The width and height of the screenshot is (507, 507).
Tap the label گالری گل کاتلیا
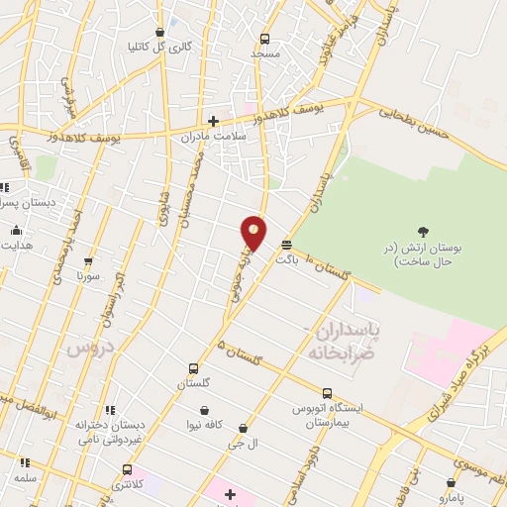(x=158, y=47)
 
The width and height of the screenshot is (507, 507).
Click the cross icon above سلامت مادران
(x=213, y=121)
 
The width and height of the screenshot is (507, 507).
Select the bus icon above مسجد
(x=264, y=39)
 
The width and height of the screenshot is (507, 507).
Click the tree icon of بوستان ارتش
(x=424, y=231)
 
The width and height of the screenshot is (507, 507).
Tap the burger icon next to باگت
(x=286, y=244)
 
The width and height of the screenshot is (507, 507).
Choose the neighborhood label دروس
(x=91, y=349)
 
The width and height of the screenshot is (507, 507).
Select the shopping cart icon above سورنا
(x=88, y=262)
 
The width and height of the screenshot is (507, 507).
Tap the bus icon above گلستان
(x=194, y=369)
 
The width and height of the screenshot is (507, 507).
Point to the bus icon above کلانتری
(x=127, y=469)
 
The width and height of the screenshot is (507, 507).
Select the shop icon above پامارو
(x=451, y=483)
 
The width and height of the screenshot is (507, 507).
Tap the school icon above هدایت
(x=16, y=231)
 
